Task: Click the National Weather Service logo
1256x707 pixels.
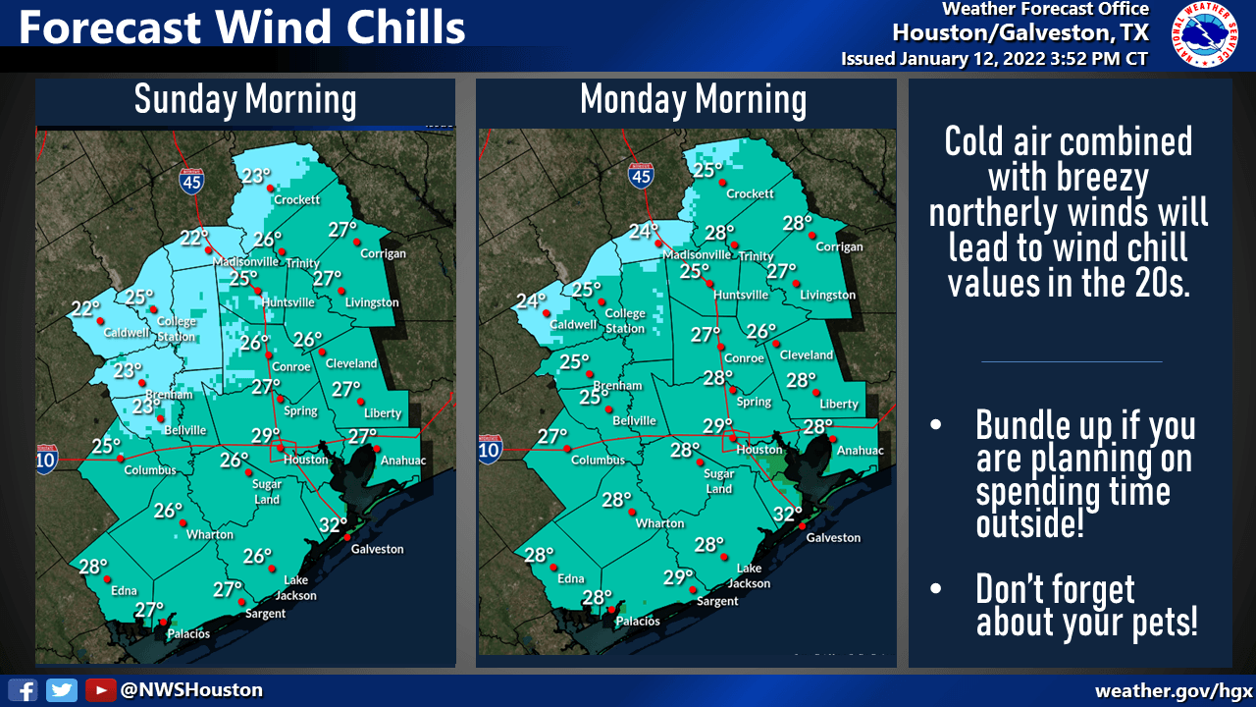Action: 1204,35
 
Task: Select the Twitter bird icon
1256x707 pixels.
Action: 62,690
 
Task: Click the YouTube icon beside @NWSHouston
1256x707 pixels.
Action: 99,690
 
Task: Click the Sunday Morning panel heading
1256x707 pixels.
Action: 245,100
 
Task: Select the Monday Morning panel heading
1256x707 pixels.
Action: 693,100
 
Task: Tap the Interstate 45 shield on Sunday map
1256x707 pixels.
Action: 191,181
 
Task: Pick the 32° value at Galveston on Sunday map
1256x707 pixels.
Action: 334,524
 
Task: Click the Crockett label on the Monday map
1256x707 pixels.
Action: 751,194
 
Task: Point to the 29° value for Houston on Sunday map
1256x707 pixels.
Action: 265,436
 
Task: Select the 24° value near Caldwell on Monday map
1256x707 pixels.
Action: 531,301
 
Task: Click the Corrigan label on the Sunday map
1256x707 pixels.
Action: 383,253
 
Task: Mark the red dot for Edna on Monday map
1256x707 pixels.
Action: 556,567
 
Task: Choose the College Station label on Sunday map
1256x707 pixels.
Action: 177,328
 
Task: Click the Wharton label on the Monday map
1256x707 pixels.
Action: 659,523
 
